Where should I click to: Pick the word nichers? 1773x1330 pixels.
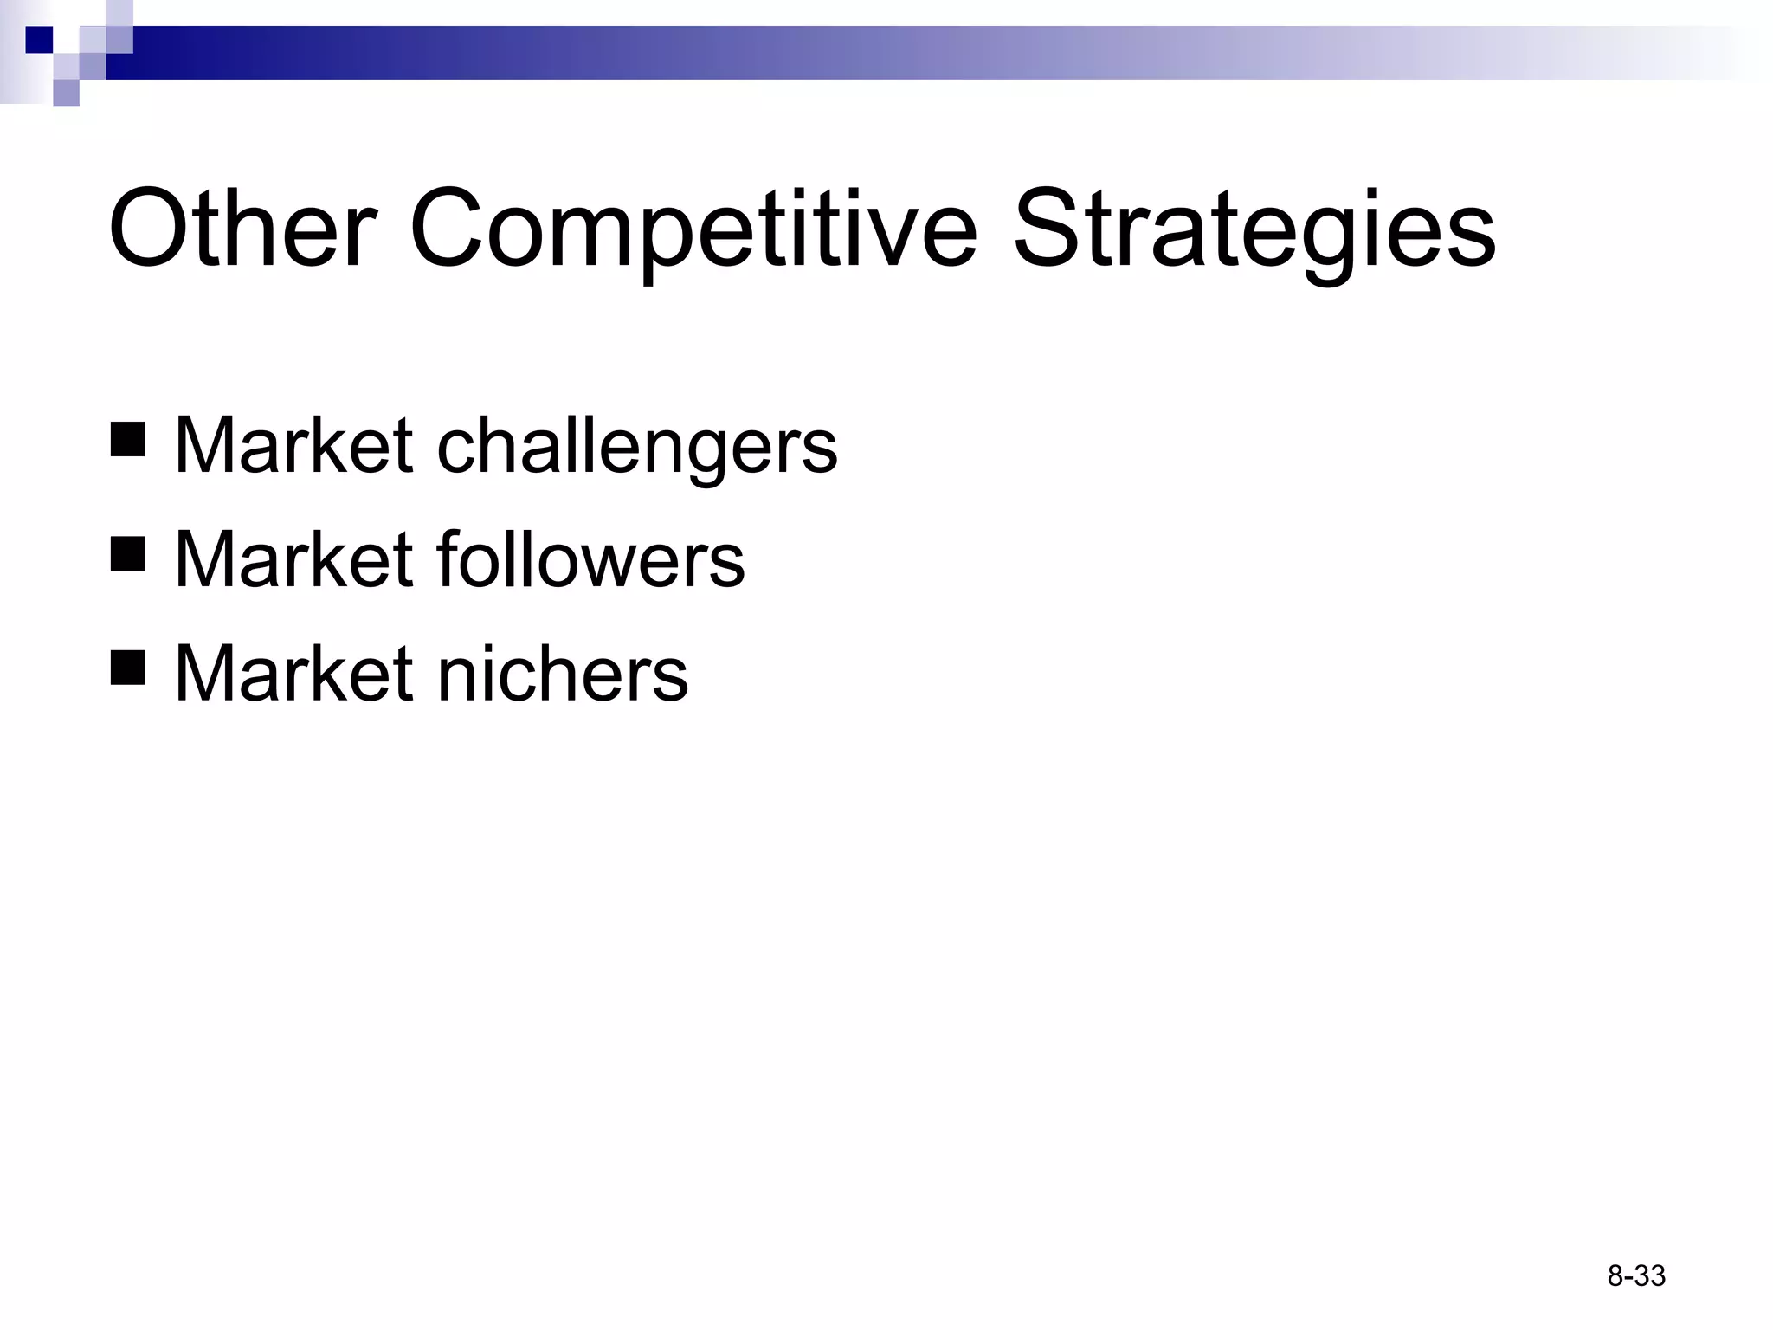click(x=563, y=673)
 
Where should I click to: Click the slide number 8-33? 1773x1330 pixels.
click(x=1636, y=1276)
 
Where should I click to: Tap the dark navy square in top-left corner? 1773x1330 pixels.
click(x=39, y=40)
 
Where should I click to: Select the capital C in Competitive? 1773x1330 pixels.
click(x=448, y=229)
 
